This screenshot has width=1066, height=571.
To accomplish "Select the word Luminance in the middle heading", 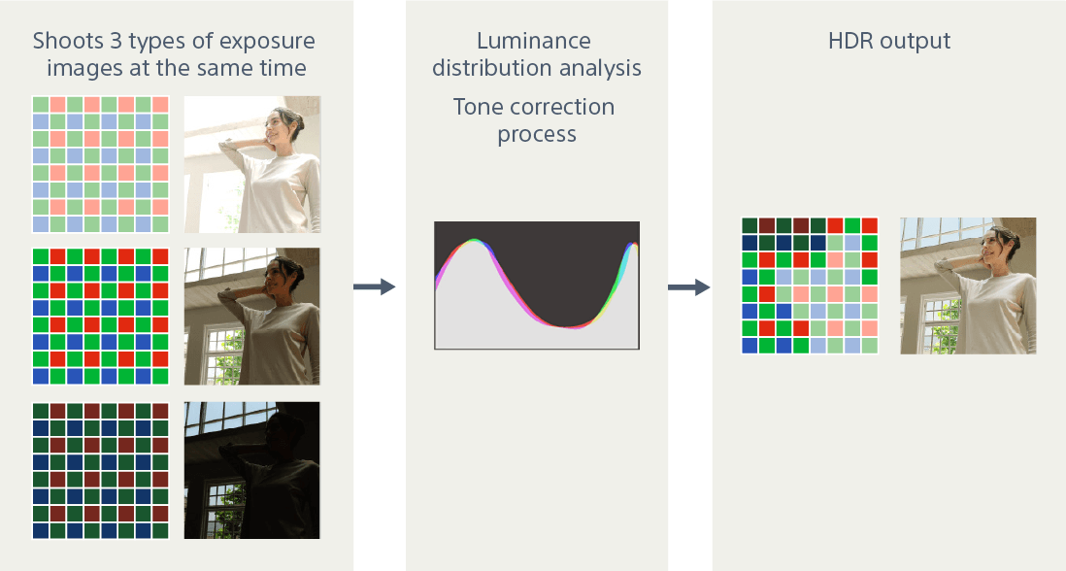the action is [x=534, y=41].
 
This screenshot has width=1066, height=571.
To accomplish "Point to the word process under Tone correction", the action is [x=537, y=135].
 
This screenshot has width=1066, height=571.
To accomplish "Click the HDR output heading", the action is [x=889, y=41].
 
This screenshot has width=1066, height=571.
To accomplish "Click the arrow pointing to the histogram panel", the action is [x=374, y=286].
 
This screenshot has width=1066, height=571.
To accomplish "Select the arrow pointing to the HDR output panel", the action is [x=688, y=286].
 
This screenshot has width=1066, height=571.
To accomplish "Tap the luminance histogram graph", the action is [x=537, y=285].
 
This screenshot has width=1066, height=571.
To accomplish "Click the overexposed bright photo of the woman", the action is [x=252, y=164].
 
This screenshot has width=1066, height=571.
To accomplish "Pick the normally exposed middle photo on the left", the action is [x=252, y=317].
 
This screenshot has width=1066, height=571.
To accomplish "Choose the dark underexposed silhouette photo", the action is [x=252, y=470].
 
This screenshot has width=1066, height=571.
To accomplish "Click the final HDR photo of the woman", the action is [x=968, y=285].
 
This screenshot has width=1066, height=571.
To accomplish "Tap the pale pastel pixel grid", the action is [x=101, y=164].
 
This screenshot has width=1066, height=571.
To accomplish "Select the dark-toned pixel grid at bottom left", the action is [x=101, y=470].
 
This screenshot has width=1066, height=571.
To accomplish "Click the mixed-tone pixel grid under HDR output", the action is [x=810, y=285].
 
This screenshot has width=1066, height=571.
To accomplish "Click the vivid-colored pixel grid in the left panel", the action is [x=101, y=317].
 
